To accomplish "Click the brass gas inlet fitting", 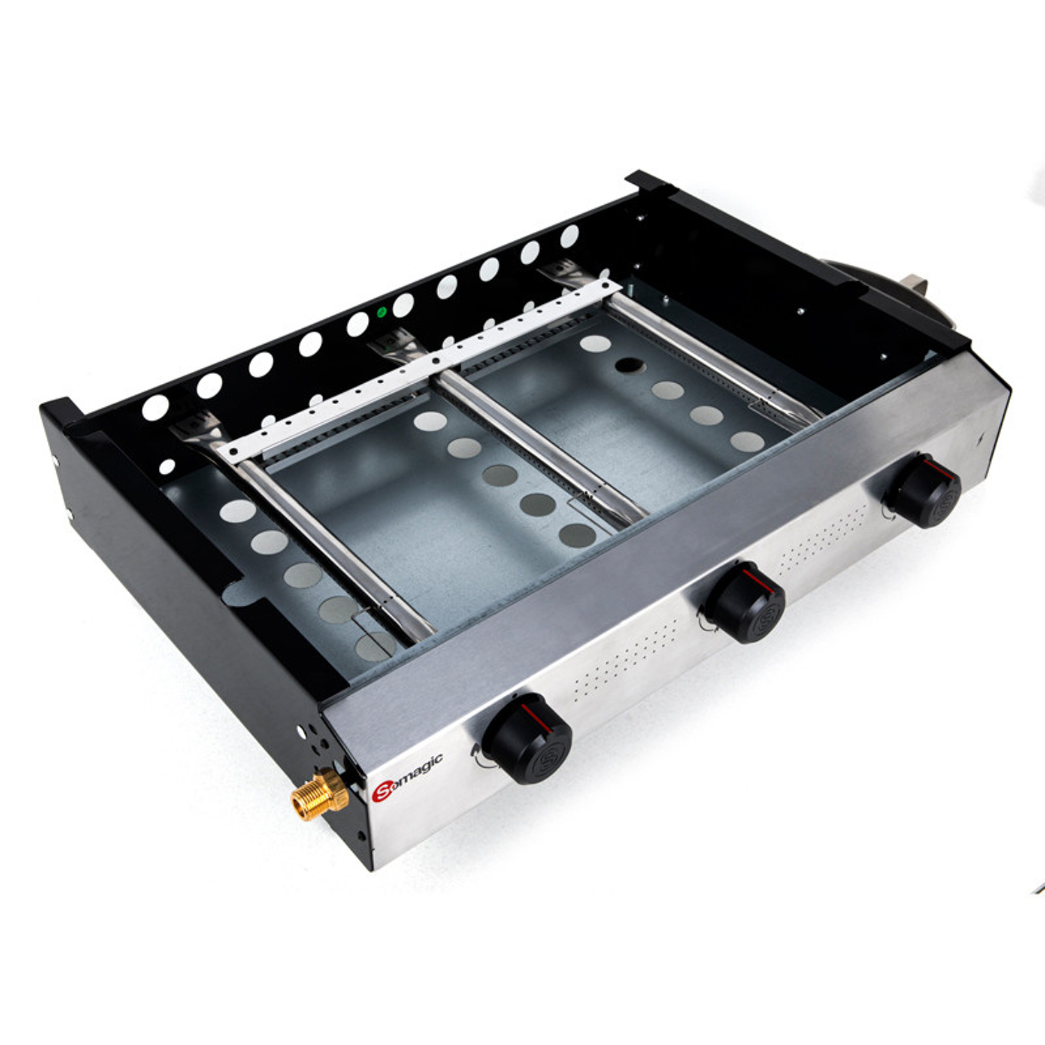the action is [320, 794].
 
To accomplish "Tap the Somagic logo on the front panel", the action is [408, 777].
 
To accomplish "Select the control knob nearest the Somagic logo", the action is [528, 738].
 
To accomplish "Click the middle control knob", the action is [745, 603].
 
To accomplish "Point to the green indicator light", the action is [381, 312].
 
